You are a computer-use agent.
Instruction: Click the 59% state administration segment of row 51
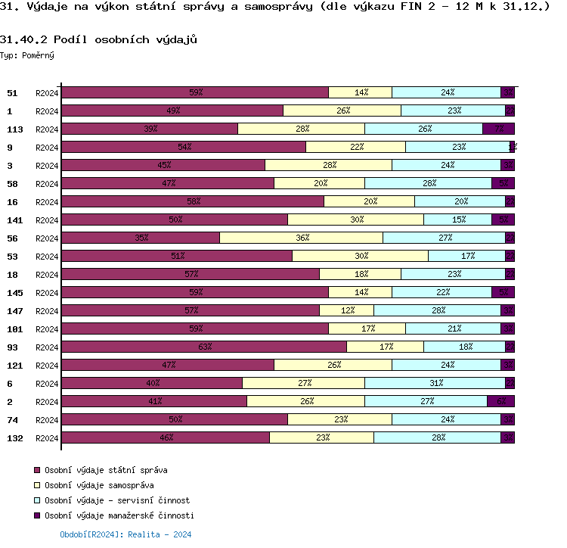(195, 92)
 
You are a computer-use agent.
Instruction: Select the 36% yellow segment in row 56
(302, 238)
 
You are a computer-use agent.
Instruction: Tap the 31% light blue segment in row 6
(435, 383)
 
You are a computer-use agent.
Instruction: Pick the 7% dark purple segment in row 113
(498, 129)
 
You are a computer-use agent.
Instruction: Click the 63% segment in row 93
(204, 347)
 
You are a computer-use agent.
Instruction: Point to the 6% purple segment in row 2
(500, 401)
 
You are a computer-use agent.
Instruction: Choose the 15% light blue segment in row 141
(457, 220)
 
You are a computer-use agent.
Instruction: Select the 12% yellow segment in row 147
(347, 310)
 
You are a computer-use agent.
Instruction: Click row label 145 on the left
(14, 292)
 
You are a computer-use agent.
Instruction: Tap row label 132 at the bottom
(14, 437)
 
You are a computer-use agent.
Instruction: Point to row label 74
(12, 419)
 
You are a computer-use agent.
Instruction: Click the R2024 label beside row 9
(47, 147)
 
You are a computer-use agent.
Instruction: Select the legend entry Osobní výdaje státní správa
(106, 470)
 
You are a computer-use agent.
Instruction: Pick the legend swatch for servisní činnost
(38, 500)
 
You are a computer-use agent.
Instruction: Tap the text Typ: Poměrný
(27, 55)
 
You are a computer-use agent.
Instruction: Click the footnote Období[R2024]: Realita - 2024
(125, 534)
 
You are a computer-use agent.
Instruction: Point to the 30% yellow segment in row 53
(361, 256)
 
